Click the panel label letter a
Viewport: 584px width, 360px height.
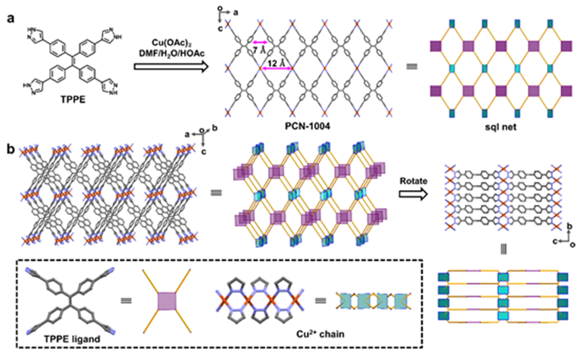click(11, 18)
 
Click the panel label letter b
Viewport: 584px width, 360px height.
click(11, 149)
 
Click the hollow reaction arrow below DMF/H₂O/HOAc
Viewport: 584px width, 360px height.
click(170, 67)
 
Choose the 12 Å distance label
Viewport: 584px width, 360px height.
click(275, 63)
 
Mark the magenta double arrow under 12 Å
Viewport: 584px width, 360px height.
click(276, 69)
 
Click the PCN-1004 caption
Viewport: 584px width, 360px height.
click(307, 126)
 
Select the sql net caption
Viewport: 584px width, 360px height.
click(501, 127)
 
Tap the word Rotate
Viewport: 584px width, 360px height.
click(414, 181)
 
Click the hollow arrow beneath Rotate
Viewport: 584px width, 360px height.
click(414, 194)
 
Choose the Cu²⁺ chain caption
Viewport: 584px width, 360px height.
click(321, 334)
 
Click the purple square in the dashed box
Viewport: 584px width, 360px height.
click(167, 301)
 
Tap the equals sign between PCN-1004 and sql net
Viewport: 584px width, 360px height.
click(412, 67)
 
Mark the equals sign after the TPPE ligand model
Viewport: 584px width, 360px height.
click(127, 301)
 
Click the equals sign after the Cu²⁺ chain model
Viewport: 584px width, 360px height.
click(321, 300)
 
